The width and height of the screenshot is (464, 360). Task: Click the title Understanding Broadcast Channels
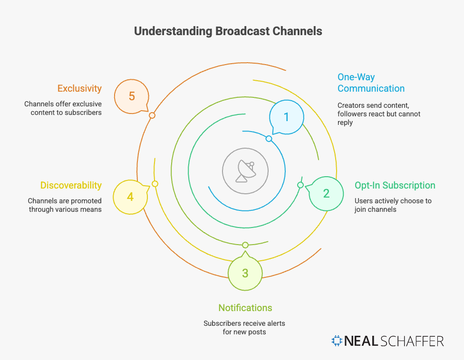(x=228, y=31)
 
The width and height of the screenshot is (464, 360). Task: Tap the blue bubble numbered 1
(x=286, y=117)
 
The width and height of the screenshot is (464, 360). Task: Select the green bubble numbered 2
(x=326, y=193)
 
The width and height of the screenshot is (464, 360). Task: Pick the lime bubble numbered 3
(x=245, y=273)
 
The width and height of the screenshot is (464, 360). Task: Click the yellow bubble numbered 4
(x=130, y=196)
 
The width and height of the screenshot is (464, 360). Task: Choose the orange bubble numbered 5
(x=132, y=96)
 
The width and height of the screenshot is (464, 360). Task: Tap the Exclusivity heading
(x=79, y=88)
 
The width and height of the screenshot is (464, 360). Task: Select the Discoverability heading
(x=71, y=185)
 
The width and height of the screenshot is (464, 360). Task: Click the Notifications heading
(x=245, y=308)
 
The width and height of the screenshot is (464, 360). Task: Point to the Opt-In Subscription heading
(x=395, y=185)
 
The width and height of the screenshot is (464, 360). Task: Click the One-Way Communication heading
(x=371, y=83)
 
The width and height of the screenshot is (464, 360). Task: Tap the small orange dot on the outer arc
(x=152, y=115)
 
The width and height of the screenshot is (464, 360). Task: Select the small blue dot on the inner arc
(x=269, y=139)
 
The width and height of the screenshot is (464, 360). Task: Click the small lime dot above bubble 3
(x=245, y=245)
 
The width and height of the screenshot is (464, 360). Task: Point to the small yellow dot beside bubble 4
(x=155, y=184)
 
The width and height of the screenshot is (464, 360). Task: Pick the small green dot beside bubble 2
(x=300, y=185)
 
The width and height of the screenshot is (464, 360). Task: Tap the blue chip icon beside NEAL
(x=337, y=341)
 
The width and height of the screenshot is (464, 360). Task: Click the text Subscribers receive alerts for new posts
(x=244, y=328)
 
